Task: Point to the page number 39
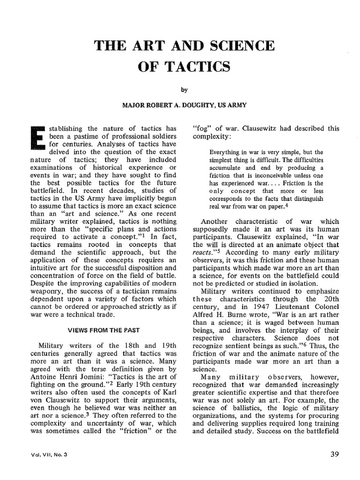pos(335,454)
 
